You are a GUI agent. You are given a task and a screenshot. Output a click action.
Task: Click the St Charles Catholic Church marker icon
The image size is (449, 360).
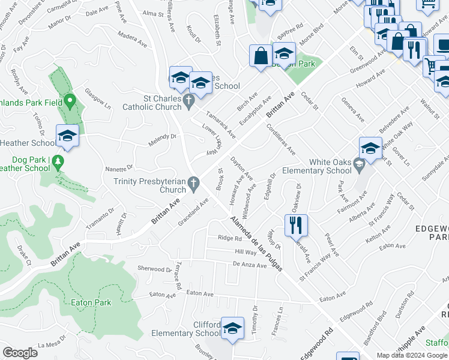(x=189, y=100)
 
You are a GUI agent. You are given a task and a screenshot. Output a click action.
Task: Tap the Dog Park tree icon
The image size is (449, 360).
(x=58, y=161)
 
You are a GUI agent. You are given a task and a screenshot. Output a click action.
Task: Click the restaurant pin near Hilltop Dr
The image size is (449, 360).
(x=296, y=227)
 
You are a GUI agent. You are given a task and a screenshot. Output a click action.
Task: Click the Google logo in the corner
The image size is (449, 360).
(x=20, y=353)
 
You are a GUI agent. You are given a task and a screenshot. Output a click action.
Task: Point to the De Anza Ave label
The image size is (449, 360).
(x=249, y=265)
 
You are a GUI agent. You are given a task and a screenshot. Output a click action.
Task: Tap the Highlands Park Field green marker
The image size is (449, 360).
(x=70, y=101)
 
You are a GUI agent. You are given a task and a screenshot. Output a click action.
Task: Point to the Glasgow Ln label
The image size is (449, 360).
(x=98, y=97)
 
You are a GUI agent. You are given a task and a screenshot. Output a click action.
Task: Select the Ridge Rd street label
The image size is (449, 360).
(x=229, y=238)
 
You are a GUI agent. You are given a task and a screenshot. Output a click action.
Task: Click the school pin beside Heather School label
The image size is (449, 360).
(x=67, y=137)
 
